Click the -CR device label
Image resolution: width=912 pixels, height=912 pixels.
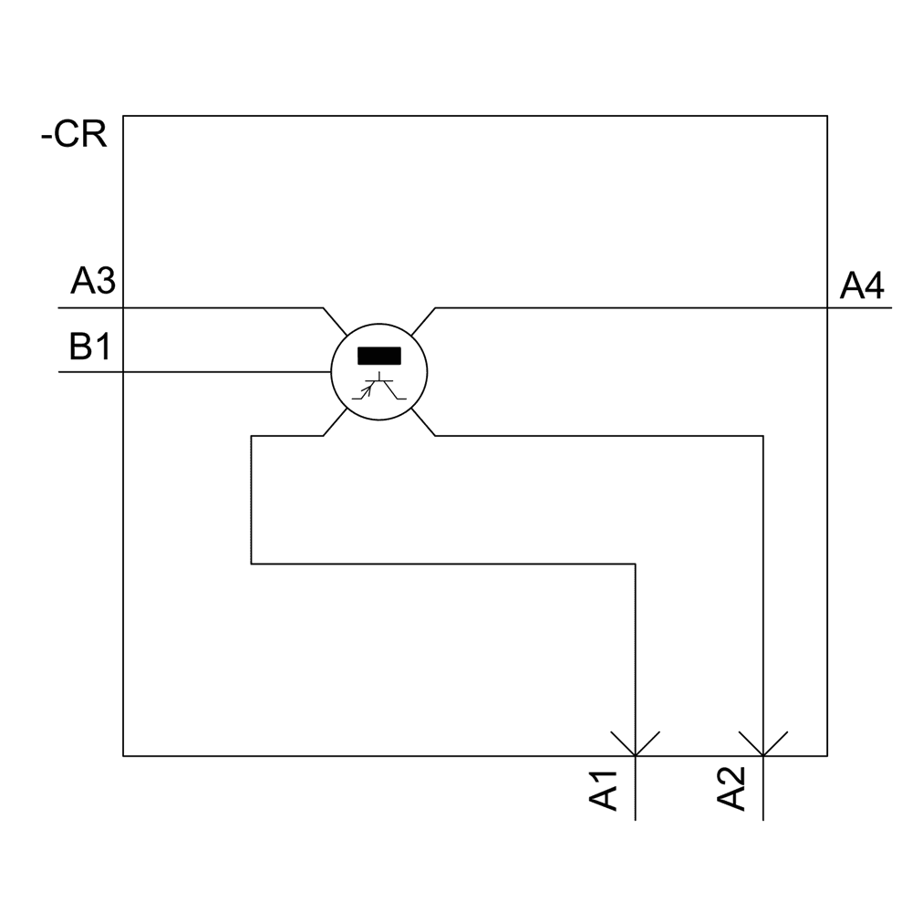[x=75, y=136]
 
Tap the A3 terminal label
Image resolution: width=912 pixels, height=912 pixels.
[x=92, y=284]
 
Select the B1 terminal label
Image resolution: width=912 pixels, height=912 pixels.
[x=89, y=347]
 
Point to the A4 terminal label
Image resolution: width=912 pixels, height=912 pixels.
[x=862, y=287]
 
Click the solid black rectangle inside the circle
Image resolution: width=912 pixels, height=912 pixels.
[x=378, y=356]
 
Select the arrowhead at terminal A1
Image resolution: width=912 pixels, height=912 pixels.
[x=635, y=743]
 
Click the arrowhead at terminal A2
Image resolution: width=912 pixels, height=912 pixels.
[x=762, y=743]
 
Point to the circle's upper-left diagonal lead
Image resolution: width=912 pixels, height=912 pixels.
[x=335, y=322]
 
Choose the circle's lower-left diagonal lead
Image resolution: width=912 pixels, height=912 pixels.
[x=335, y=422]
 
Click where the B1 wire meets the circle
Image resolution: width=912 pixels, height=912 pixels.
[x=329, y=372]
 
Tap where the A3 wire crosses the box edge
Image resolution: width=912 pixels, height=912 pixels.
[x=123, y=308]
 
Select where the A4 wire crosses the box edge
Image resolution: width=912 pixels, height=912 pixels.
[x=827, y=308]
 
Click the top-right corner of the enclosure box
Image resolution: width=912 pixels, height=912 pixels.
[x=827, y=116]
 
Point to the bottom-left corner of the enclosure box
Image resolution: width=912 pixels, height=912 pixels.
[x=123, y=756]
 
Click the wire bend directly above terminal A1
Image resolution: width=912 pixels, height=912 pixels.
[x=635, y=565]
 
